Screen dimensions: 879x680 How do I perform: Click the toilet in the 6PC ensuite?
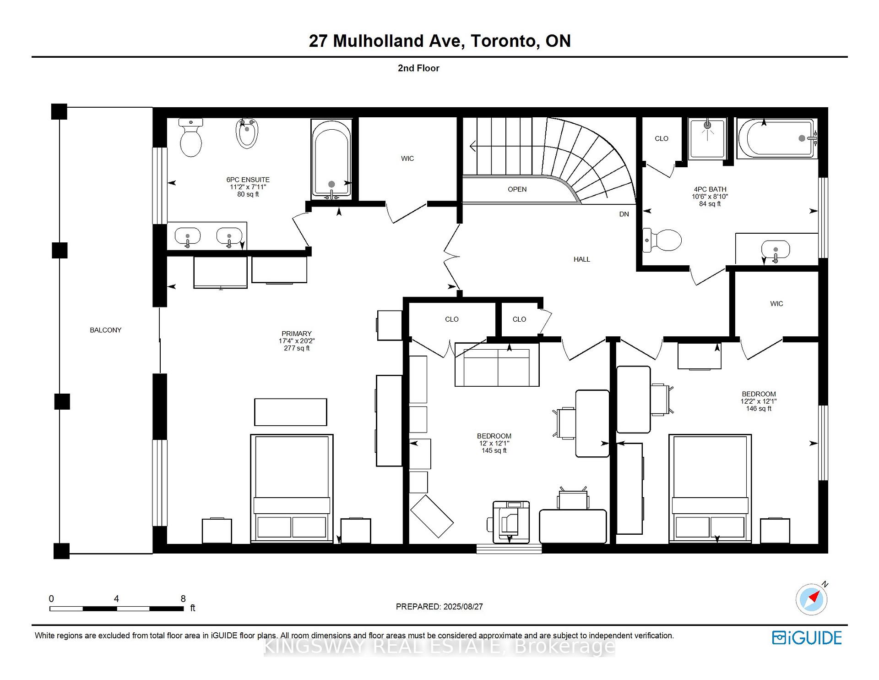(x=191, y=137)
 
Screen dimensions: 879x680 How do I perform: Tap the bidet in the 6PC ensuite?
(x=247, y=133)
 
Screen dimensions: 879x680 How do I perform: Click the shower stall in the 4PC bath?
(x=707, y=138)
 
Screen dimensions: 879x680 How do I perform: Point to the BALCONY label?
(x=106, y=330)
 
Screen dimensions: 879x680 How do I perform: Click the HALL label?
(x=582, y=259)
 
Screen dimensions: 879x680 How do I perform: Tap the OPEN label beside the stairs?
(x=517, y=189)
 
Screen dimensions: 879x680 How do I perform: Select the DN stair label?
(x=624, y=214)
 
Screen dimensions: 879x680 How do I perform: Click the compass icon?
(x=812, y=599)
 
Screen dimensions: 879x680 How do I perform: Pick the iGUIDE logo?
(x=807, y=638)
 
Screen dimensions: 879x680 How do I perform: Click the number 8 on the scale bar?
(x=183, y=598)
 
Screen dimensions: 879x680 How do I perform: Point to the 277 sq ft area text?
(x=297, y=348)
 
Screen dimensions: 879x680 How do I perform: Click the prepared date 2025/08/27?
(x=463, y=607)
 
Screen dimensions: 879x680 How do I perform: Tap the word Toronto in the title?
(x=504, y=41)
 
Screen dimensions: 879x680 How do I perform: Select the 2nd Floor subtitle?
(x=418, y=68)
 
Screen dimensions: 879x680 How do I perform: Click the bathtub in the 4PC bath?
(x=777, y=138)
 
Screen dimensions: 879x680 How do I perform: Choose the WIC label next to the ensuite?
(x=407, y=159)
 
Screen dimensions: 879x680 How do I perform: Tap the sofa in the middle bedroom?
(x=497, y=365)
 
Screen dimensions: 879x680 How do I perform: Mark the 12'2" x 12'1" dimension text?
(x=759, y=401)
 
